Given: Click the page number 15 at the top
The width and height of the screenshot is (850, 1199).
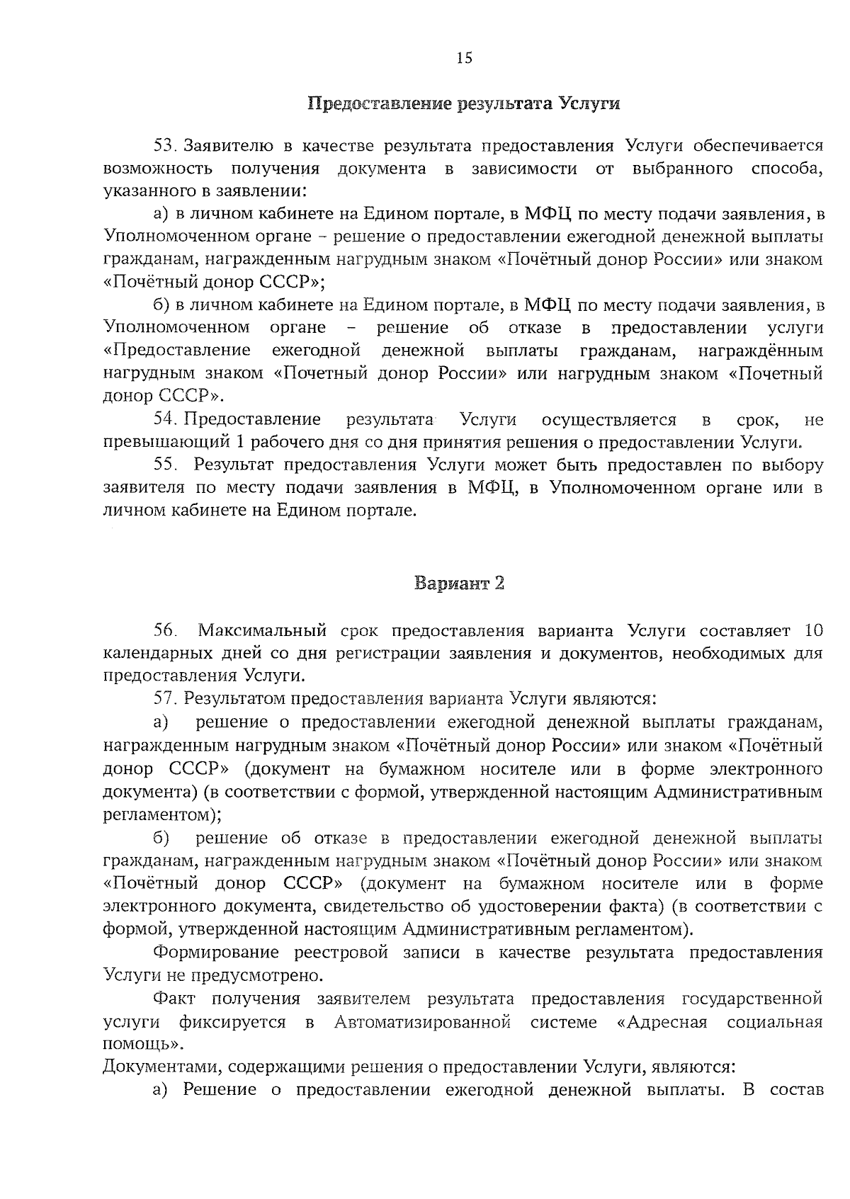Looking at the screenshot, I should point(464,58).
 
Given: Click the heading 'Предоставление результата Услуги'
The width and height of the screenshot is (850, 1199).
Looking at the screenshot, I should point(464,104).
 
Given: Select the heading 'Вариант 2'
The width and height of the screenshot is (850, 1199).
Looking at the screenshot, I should point(459,584).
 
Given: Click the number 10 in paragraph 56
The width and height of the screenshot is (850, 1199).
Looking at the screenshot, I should point(813,630).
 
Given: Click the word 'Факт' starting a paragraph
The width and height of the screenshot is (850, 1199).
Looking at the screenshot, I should point(174,999).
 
